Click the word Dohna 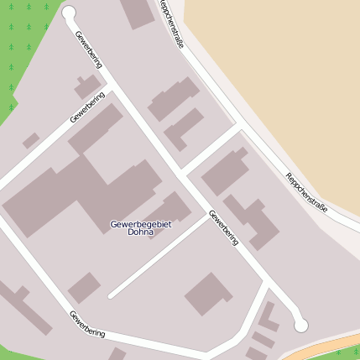[141, 232]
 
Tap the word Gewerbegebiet [141, 224]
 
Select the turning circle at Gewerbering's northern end [69, 13]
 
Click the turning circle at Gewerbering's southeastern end [301, 325]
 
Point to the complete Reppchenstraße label [306, 194]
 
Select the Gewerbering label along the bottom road [87, 324]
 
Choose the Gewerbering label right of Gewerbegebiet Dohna [224, 227]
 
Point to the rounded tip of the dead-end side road [111, 295]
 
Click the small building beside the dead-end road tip [84, 288]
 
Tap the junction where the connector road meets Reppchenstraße [240, 127]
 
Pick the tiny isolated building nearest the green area [31, 141]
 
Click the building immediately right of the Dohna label [174, 207]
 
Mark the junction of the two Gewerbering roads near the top [112, 87]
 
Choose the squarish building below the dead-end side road [208, 294]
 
